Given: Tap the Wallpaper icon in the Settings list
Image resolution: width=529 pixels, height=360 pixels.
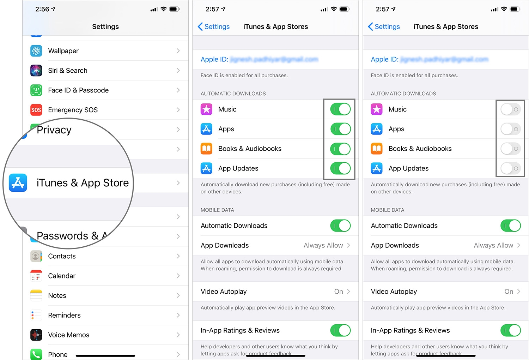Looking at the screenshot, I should (36, 51).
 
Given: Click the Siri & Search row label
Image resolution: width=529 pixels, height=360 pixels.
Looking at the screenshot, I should (68, 71).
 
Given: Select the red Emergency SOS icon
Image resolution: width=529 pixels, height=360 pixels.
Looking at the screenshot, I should (36, 110).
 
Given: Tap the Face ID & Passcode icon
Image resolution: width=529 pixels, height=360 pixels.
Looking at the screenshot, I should (36, 90).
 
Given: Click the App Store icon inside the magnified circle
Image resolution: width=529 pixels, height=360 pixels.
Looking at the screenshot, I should (18, 182).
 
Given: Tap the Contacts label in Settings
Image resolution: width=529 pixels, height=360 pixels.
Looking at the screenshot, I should (62, 256).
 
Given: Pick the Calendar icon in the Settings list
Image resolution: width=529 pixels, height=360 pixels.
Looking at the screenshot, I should (36, 276).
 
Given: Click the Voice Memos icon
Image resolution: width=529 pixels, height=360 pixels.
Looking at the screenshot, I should (36, 335).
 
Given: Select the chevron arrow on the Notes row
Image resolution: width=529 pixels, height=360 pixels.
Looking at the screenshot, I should (178, 295).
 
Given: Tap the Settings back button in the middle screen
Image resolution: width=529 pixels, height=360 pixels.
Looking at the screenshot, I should (214, 27).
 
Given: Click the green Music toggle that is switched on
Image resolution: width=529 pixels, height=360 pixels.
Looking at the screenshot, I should (340, 109).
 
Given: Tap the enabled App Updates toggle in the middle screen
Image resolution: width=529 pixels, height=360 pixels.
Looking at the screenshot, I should (340, 168).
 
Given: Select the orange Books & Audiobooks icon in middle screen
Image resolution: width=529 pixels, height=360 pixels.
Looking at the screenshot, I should (207, 149).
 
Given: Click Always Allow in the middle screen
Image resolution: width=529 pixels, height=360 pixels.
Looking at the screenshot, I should (323, 245).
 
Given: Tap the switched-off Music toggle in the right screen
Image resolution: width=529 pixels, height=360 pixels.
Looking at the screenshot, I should (510, 109).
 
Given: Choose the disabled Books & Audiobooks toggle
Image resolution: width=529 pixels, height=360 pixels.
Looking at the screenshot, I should (510, 149).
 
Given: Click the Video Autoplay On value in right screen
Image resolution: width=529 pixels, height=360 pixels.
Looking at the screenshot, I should (509, 292).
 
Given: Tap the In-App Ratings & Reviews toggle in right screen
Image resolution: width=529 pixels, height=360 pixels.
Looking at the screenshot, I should (510, 330).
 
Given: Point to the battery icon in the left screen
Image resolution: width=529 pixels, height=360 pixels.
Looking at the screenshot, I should (174, 9).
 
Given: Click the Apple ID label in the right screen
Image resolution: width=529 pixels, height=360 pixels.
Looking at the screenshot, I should (384, 59).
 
